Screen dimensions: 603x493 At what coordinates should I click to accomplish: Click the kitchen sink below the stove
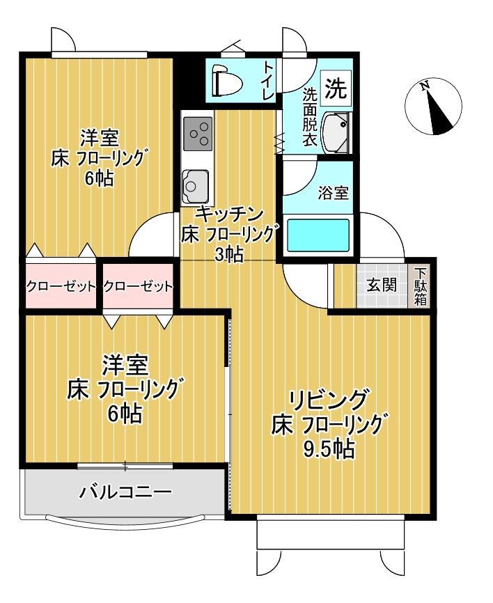(194, 185)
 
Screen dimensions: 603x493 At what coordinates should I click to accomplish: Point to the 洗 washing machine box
(336, 88)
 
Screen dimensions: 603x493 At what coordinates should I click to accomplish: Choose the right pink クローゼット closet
(138, 286)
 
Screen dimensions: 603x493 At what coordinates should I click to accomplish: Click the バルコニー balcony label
(125, 493)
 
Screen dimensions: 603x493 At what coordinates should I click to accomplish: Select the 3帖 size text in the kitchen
(228, 255)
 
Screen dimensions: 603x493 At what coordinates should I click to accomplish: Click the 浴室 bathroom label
(333, 193)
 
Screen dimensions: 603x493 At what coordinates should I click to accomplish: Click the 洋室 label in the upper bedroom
(97, 136)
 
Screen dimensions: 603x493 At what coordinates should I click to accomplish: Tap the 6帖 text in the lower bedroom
(125, 414)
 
